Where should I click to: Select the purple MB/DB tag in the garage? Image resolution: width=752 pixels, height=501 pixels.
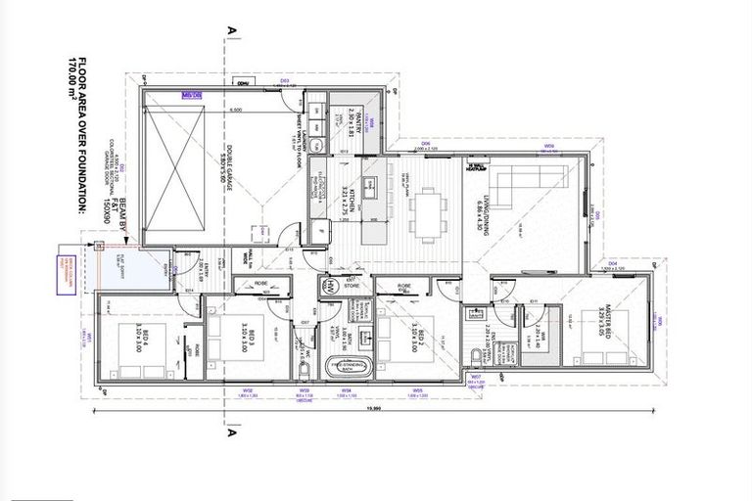(191, 94)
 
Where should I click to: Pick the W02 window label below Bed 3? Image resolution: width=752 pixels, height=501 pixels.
(250, 391)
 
